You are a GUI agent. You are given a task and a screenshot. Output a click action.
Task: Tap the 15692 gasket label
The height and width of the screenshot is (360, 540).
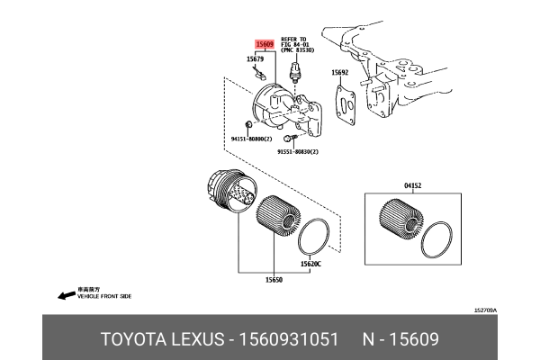tap(339, 72)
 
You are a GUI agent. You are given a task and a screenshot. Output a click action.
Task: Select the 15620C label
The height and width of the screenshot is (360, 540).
tap(310, 264)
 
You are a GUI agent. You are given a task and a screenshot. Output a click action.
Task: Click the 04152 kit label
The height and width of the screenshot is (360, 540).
tap(413, 186)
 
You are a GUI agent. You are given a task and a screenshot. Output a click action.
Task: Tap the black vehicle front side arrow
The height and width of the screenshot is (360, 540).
tap(65, 294)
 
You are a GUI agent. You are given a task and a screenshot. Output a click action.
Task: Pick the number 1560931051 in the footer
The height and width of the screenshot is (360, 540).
tap(286, 338)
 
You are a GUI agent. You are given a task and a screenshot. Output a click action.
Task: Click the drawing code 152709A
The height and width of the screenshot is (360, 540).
tap(485, 309)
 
